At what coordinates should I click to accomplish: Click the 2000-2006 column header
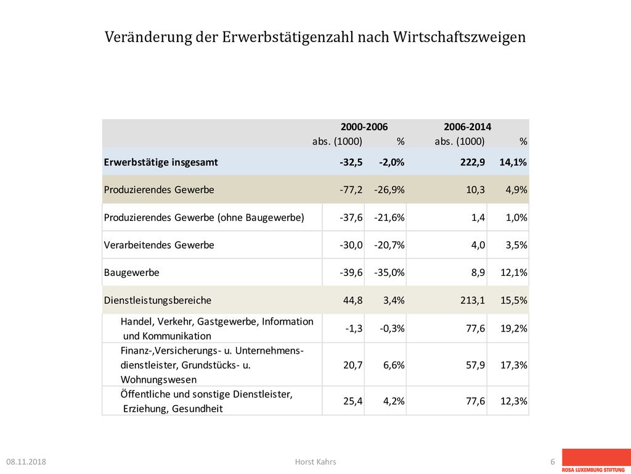[364, 127]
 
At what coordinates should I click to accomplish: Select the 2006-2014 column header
[467, 127]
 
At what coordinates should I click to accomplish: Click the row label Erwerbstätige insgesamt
[161, 162]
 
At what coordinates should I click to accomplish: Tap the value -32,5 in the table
[351, 162]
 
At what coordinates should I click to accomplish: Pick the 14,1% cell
[513, 162]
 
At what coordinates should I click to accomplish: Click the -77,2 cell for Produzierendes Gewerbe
[351, 190]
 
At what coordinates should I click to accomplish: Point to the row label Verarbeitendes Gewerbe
[159, 245]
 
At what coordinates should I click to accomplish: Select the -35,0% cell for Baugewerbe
[389, 273]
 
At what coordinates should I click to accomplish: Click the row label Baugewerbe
[132, 273]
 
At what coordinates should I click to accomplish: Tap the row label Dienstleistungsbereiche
[157, 301]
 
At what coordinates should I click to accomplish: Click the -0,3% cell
[392, 328]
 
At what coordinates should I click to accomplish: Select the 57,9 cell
[475, 365]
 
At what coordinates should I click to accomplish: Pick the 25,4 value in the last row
[353, 401]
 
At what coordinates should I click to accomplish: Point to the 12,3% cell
[514, 401]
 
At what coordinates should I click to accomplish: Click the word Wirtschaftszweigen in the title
[459, 37]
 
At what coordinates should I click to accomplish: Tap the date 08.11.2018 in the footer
[26, 462]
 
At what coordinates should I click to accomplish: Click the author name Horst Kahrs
[315, 462]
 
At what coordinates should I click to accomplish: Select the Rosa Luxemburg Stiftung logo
[596, 461]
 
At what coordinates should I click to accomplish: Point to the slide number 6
[553, 462]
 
